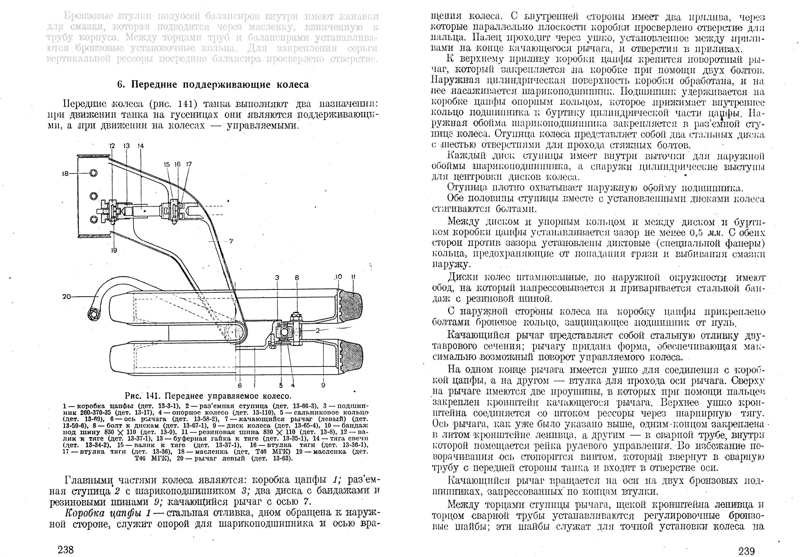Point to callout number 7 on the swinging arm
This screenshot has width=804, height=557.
(x=231, y=241)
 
